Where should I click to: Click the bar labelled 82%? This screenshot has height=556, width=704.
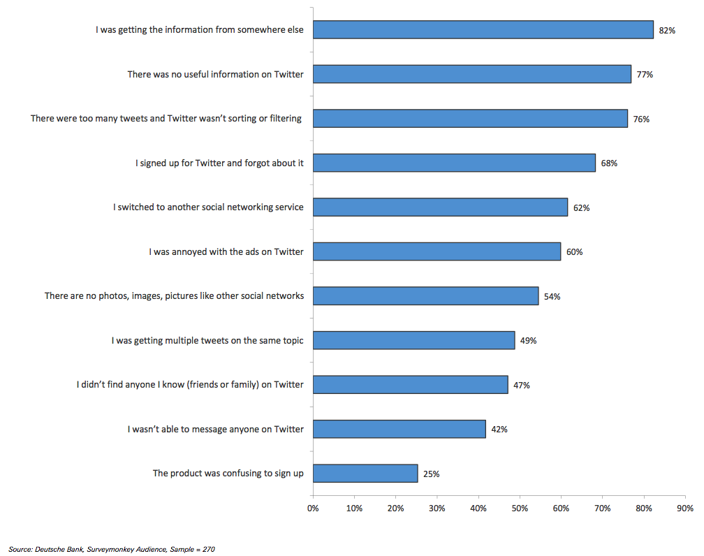[483, 29]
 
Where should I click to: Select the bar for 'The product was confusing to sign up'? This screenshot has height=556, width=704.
[365, 473]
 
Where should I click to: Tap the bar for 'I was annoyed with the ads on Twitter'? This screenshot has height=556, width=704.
[437, 251]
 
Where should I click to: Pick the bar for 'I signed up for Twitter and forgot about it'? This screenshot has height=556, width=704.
[454, 163]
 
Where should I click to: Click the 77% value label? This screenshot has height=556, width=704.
[645, 74]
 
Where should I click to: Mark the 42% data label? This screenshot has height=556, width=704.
[499, 429]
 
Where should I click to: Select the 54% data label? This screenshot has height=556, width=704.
[552, 296]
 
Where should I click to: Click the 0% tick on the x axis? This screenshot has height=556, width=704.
[313, 508]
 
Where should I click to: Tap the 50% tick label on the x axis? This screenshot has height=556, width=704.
[520, 508]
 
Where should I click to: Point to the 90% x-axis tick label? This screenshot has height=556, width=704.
[684, 508]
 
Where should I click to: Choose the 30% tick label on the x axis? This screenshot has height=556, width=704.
[437, 508]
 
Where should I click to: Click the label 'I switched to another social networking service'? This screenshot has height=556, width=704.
[208, 207]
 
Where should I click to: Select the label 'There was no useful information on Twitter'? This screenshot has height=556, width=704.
[215, 74]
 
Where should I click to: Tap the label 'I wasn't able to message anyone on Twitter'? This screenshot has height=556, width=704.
[215, 429]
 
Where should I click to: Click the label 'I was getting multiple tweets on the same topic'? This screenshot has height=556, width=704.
[207, 340]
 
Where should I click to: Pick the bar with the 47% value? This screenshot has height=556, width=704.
[410, 384]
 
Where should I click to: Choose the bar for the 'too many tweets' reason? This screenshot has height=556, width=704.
[470, 118]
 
